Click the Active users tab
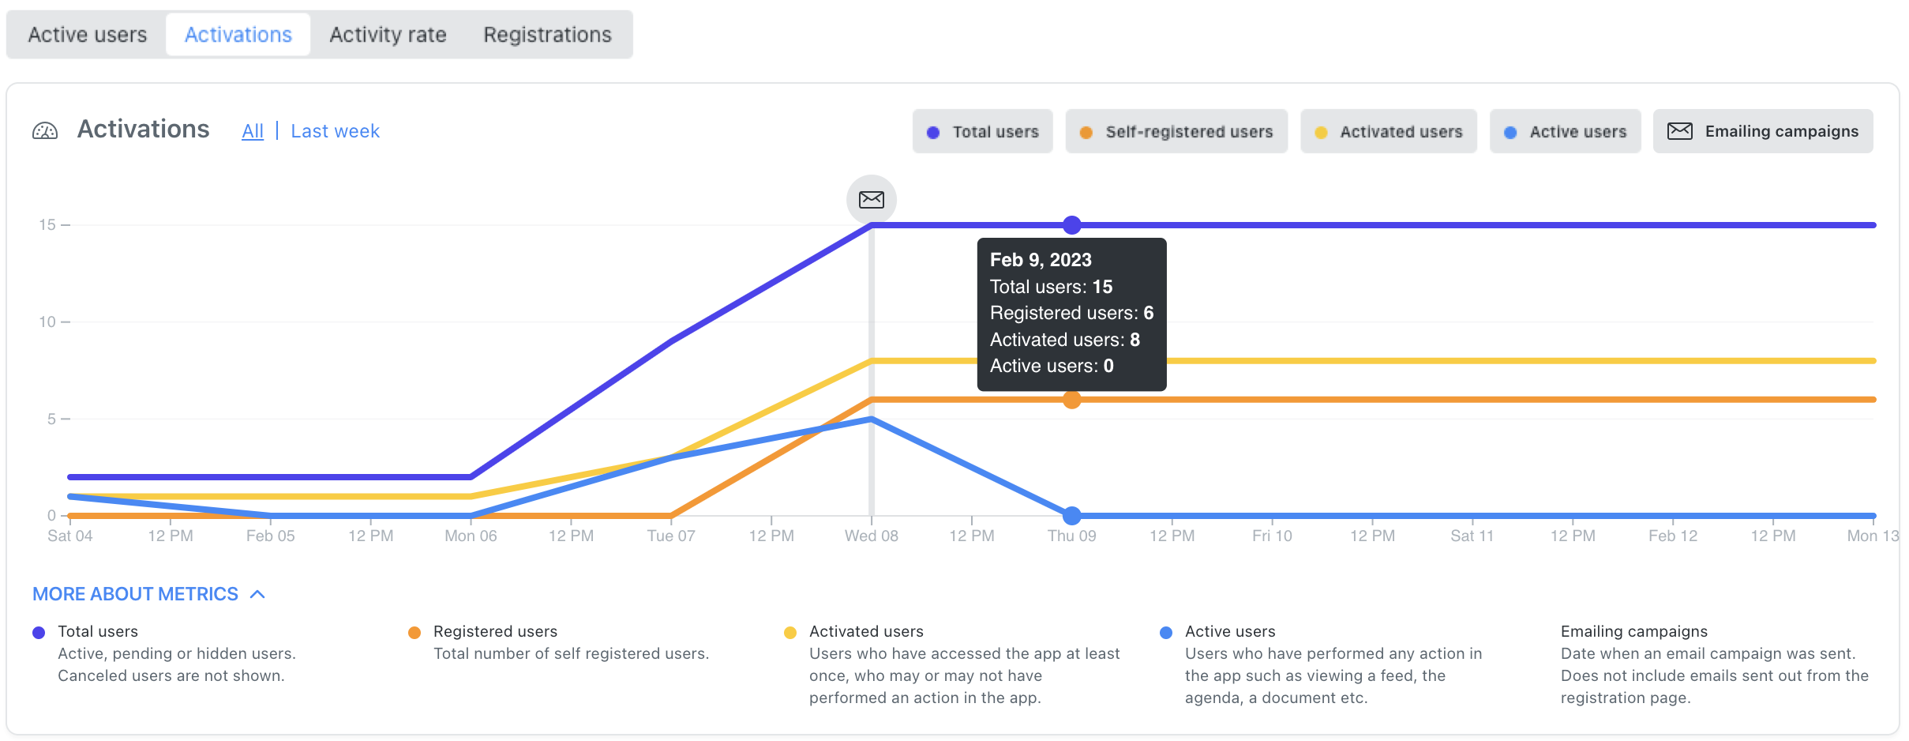[x=88, y=35]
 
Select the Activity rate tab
[x=388, y=35]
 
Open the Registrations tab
[x=547, y=35]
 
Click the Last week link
[x=335, y=131]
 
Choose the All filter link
[x=253, y=131]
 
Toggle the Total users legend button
[x=982, y=132]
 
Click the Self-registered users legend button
[x=1176, y=132]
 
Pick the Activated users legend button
[x=1389, y=132]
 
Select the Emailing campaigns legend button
[x=1763, y=132]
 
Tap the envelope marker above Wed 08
[x=872, y=199]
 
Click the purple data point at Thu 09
[x=1071, y=225]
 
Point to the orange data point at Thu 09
[x=1071, y=400]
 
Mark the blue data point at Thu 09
[x=1071, y=516]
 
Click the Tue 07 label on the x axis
[x=671, y=536]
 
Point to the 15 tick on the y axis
[x=48, y=225]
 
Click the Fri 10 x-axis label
[x=1272, y=536]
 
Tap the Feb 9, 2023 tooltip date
[x=1041, y=260]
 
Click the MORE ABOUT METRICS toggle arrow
[x=257, y=594]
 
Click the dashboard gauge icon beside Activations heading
[x=45, y=131]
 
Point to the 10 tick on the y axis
[x=48, y=322]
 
